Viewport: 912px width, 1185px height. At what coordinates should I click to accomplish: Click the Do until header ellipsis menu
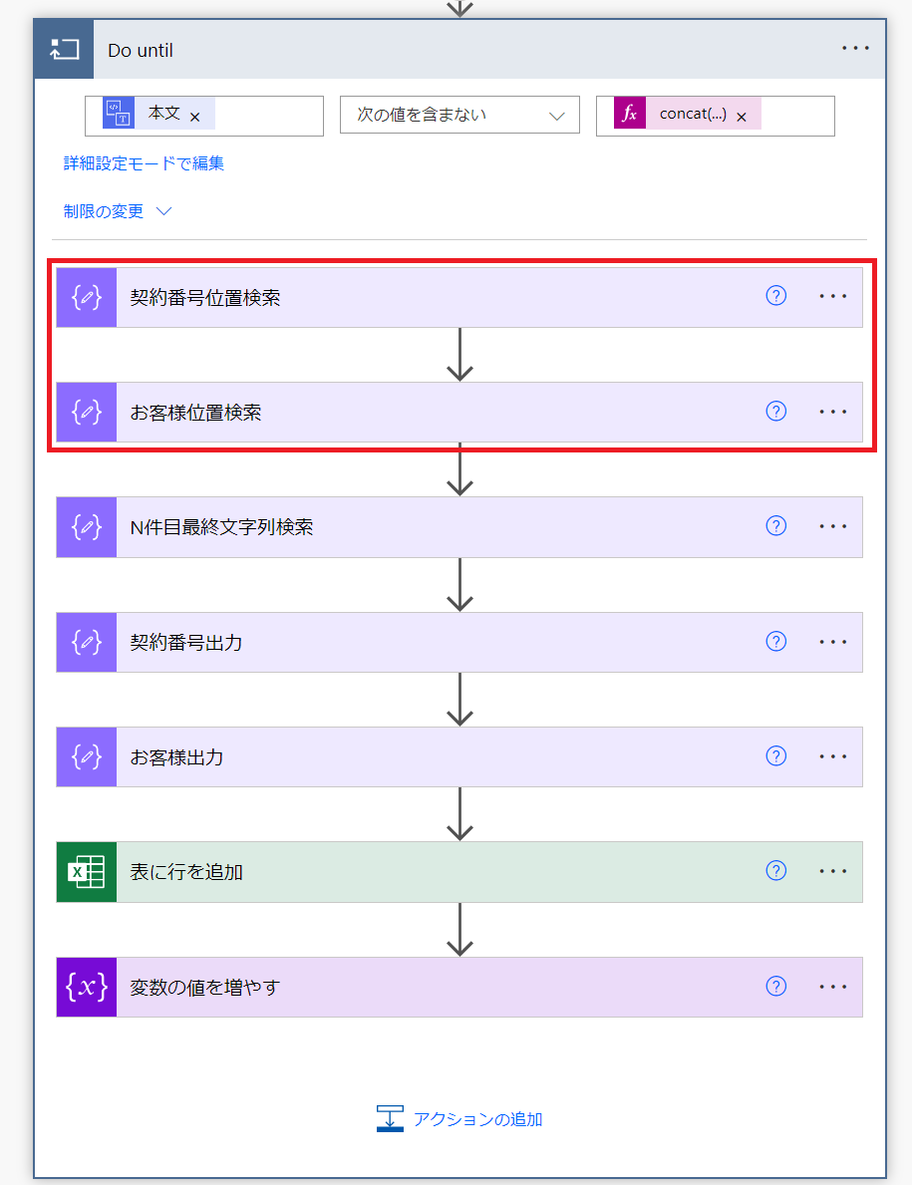[x=855, y=49]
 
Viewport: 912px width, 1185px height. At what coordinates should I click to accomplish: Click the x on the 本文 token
[x=195, y=118]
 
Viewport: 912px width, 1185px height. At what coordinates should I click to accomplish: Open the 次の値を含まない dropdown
[x=459, y=115]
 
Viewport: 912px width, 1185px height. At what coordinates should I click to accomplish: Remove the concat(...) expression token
[x=742, y=118]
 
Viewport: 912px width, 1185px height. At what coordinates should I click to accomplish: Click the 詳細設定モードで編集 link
[x=144, y=163]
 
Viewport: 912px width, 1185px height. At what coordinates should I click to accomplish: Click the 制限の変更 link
[x=104, y=211]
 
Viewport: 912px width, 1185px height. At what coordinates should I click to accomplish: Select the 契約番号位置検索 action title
[x=204, y=298]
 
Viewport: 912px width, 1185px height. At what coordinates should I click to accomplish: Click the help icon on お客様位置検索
[x=776, y=412]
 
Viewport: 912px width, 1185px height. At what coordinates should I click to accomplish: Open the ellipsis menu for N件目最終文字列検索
[x=832, y=526]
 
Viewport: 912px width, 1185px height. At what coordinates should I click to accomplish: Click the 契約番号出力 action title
[x=185, y=643]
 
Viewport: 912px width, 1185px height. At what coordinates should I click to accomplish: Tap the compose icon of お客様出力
[x=86, y=756]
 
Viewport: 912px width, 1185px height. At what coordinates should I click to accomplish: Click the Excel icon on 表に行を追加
[x=86, y=871]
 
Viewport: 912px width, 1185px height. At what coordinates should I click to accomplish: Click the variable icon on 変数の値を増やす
[x=86, y=987]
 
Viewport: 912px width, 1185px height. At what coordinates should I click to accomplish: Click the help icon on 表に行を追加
[x=776, y=871]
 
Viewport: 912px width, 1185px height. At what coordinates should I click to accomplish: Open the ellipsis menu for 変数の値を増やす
[x=832, y=987]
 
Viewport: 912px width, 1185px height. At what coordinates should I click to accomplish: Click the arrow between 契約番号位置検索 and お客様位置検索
[x=459, y=355]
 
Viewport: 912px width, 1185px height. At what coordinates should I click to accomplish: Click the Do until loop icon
[x=64, y=49]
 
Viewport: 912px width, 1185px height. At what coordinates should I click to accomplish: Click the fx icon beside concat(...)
[x=629, y=114]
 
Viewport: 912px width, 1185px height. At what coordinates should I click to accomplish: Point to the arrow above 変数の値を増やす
[x=459, y=930]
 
